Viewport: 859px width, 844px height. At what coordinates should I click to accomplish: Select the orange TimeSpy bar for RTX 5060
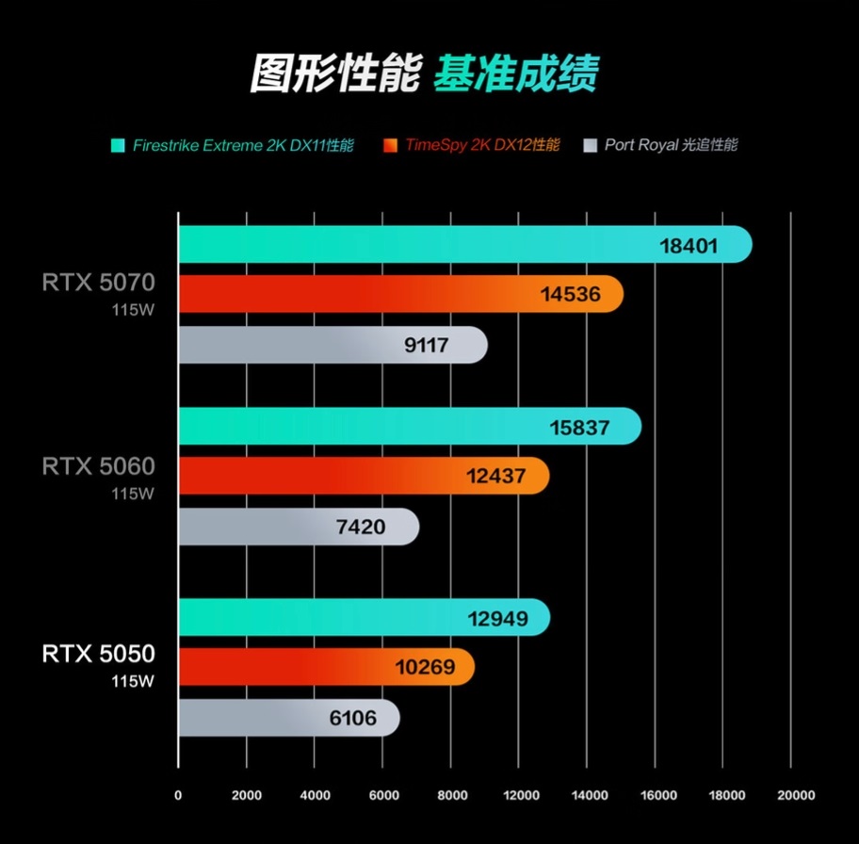pos(364,476)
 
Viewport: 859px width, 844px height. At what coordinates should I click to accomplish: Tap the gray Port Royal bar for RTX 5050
pos(288,718)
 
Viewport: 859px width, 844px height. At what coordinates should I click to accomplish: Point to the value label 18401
pos(689,247)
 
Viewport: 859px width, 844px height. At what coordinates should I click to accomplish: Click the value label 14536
pos(570,295)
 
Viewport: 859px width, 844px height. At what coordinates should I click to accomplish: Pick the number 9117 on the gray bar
pos(427,346)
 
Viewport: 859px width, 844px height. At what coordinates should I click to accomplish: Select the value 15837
pos(579,428)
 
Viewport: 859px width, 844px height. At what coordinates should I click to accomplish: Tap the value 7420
pos(361,527)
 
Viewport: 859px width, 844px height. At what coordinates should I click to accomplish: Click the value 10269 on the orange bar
pos(425,668)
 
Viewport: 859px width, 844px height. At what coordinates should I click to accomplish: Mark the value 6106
pos(353,719)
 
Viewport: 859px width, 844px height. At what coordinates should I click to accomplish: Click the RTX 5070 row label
pos(98,282)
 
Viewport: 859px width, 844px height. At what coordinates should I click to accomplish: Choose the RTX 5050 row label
pos(98,653)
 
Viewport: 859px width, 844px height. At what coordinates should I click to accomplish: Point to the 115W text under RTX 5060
pos(132,493)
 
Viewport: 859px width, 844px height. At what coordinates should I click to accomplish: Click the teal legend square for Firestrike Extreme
pos(118,146)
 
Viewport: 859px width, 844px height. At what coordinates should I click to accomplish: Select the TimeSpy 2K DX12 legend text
pos(482,146)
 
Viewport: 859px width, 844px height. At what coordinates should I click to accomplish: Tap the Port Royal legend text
pos(671,146)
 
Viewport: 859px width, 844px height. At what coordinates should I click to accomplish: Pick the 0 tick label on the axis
pos(178,795)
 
